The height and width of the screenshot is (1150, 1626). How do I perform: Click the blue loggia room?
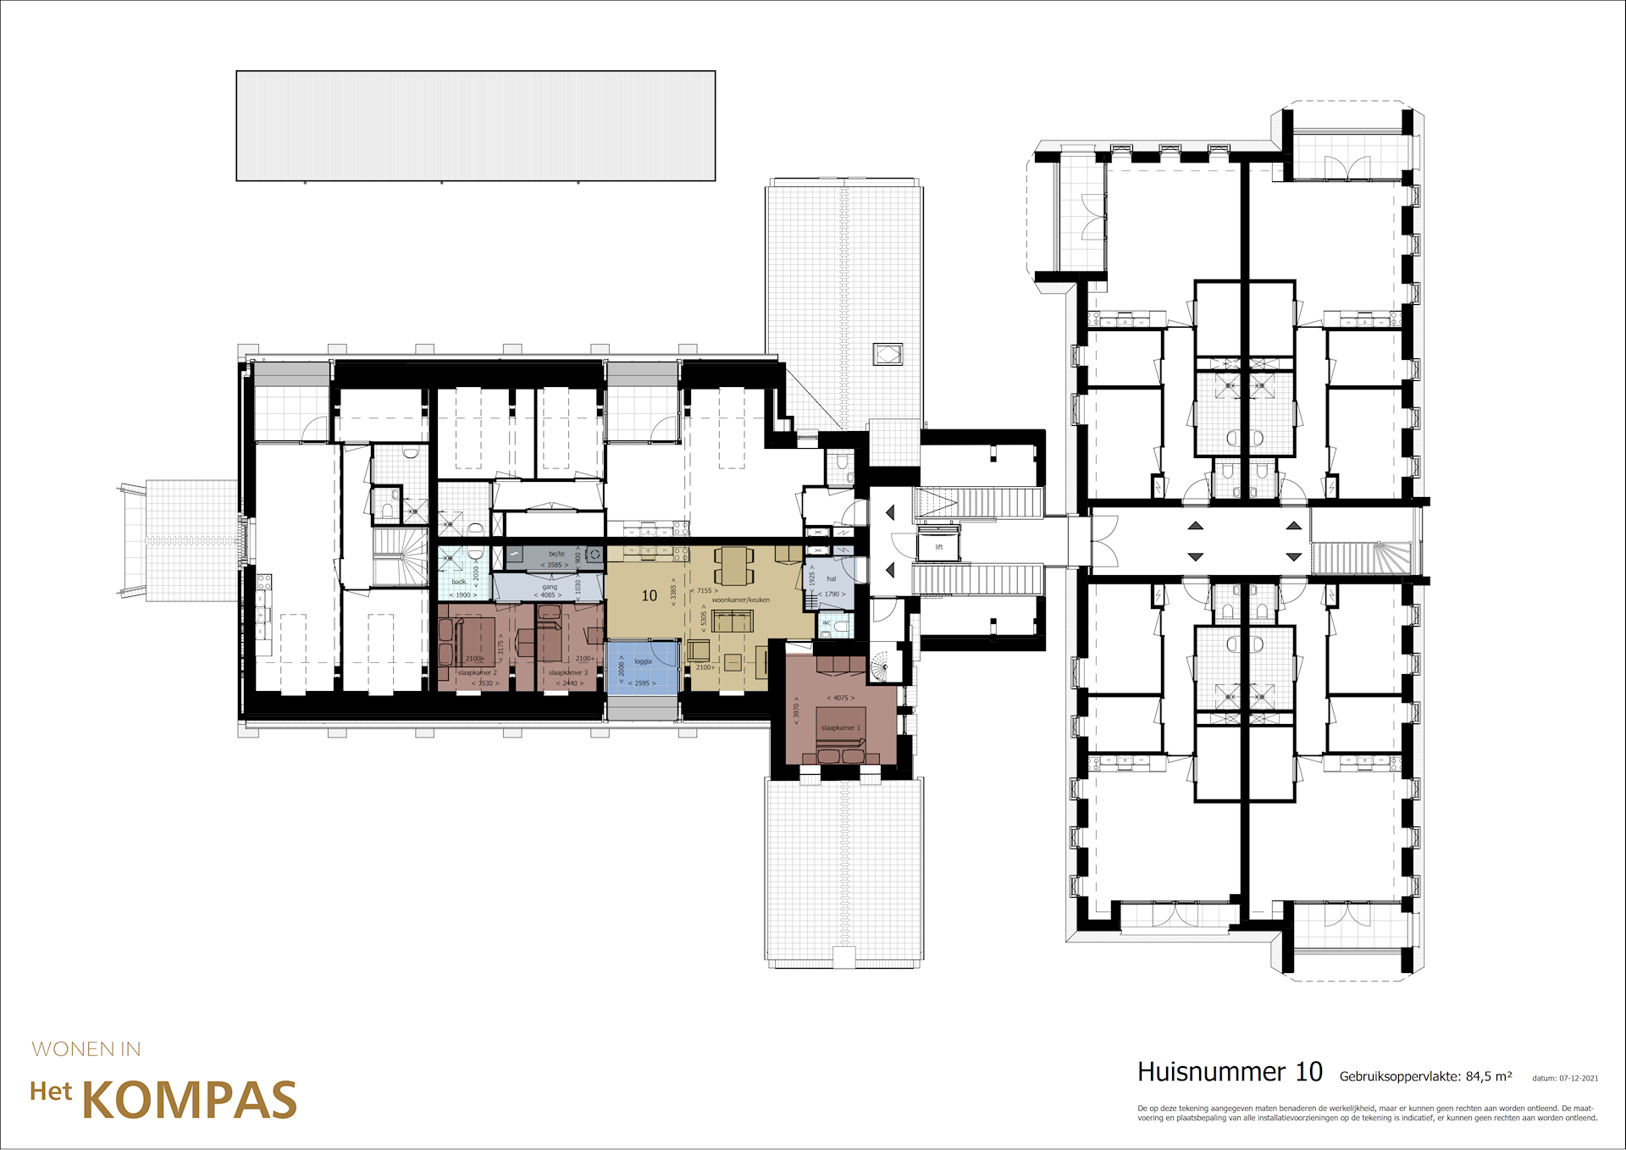(x=643, y=669)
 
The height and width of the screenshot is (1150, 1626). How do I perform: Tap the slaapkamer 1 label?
(x=840, y=727)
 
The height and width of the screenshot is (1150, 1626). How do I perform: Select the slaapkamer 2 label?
(x=477, y=672)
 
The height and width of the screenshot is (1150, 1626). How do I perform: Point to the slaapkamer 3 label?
(x=567, y=672)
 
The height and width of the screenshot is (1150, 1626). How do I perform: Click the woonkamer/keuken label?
(x=740, y=600)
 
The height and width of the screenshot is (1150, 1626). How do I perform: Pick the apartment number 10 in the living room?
(x=650, y=595)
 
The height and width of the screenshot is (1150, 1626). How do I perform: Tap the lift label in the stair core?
(x=938, y=547)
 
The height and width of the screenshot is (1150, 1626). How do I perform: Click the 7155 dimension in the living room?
(x=704, y=590)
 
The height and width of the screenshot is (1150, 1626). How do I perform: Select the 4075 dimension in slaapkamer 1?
(x=840, y=698)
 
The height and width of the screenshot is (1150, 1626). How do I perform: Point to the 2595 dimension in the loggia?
(x=642, y=683)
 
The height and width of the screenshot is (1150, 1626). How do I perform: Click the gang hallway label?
(x=550, y=586)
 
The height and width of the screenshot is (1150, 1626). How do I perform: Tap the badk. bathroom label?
(x=459, y=582)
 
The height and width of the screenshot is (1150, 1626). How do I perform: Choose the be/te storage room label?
(x=556, y=554)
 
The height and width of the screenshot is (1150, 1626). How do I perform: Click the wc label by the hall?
(x=827, y=622)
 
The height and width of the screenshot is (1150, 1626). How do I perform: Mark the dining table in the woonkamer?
(x=733, y=567)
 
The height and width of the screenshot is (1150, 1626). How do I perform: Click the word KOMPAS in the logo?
(x=189, y=1100)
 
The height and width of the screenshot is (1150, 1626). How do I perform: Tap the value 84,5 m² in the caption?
(x=1488, y=1076)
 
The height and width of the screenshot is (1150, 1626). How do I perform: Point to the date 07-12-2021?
(x=1579, y=1078)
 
